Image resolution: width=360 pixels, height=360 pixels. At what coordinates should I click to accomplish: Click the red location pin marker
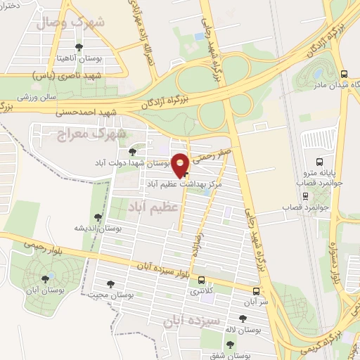click(181, 164)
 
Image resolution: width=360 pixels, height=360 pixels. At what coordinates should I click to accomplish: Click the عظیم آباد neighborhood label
click(150, 205)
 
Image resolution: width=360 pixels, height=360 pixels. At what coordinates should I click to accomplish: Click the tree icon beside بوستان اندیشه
click(98, 217)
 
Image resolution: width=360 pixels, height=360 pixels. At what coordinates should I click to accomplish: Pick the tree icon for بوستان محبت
click(110, 284)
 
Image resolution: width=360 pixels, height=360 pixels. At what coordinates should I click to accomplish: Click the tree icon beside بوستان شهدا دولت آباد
click(133, 152)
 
